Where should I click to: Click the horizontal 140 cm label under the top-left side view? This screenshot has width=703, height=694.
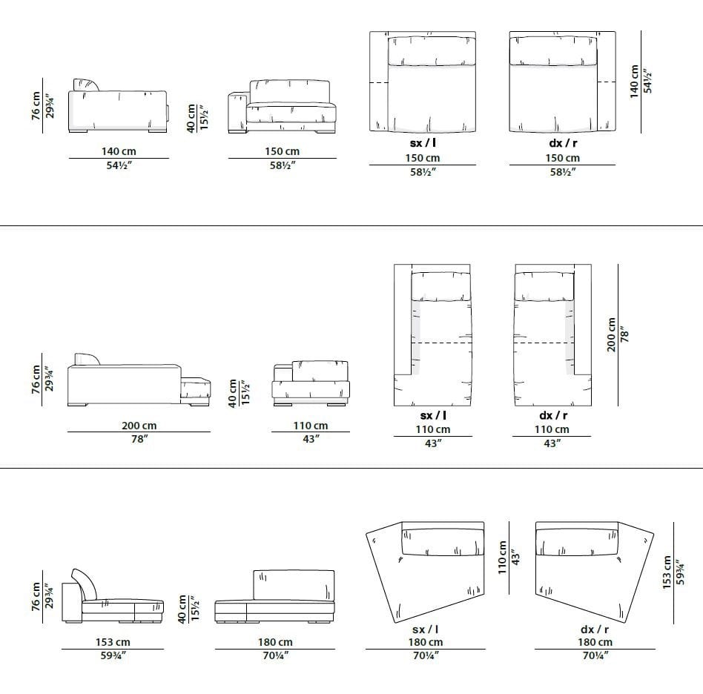click(118, 151)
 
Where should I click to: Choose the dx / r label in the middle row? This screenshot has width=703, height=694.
click(552, 416)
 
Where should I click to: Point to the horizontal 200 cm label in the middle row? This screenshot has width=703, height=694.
click(139, 426)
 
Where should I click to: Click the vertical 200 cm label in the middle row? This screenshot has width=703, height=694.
click(611, 334)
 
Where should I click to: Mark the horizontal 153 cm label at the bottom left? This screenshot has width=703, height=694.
click(113, 642)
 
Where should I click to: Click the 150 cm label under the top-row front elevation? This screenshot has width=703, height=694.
click(282, 151)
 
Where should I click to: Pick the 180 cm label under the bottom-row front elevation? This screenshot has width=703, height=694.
click(274, 642)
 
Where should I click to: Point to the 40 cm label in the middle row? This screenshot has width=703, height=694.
click(233, 394)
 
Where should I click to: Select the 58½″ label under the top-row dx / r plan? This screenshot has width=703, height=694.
click(563, 172)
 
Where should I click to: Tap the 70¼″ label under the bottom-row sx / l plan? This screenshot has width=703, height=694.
click(425, 655)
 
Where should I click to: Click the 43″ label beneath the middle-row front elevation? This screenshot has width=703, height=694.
click(310, 440)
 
